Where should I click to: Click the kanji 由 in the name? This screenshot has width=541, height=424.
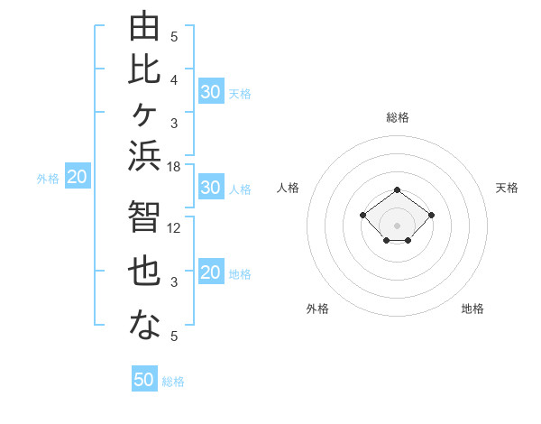pyautogui.click(x=144, y=25)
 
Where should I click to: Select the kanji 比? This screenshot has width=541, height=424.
pyautogui.click(x=144, y=69)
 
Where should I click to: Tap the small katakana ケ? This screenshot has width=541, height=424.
pyautogui.click(x=144, y=114)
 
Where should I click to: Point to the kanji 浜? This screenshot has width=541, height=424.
pyautogui.click(x=144, y=155)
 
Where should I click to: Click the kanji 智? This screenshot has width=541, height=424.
pyautogui.click(x=144, y=216)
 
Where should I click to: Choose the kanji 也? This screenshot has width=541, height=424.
pyautogui.click(x=144, y=271)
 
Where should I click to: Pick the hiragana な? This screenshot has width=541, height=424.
pyautogui.click(x=144, y=324)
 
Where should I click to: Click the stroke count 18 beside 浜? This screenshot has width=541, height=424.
pyautogui.click(x=173, y=167)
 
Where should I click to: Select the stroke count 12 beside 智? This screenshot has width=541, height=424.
pyautogui.click(x=173, y=228)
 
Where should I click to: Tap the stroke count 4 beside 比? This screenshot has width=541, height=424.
pyautogui.click(x=174, y=80)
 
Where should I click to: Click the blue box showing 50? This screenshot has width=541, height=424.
pyautogui.click(x=144, y=378)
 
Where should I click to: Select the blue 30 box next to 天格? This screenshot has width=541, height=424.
pyautogui.click(x=212, y=91)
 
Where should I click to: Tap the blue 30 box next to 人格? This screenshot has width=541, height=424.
pyautogui.click(x=212, y=187)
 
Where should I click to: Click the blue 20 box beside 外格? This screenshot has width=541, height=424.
pyautogui.click(x=78, y=175)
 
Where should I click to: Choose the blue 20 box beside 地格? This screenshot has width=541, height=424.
pyautogui.click(x=212, y=271)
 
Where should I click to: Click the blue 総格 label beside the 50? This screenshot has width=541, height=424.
pyautogui.click(x=173, y=382)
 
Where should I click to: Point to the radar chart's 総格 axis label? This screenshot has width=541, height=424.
pyautogui.click(x=398, y=117)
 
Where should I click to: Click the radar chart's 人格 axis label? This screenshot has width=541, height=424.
pyautogui.click(x=288, y=188)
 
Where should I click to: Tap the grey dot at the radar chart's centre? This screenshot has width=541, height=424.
pyautogui.click(x=397, y=226)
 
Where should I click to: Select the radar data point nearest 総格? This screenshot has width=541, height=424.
pyautogui.click(x=397, y=190)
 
